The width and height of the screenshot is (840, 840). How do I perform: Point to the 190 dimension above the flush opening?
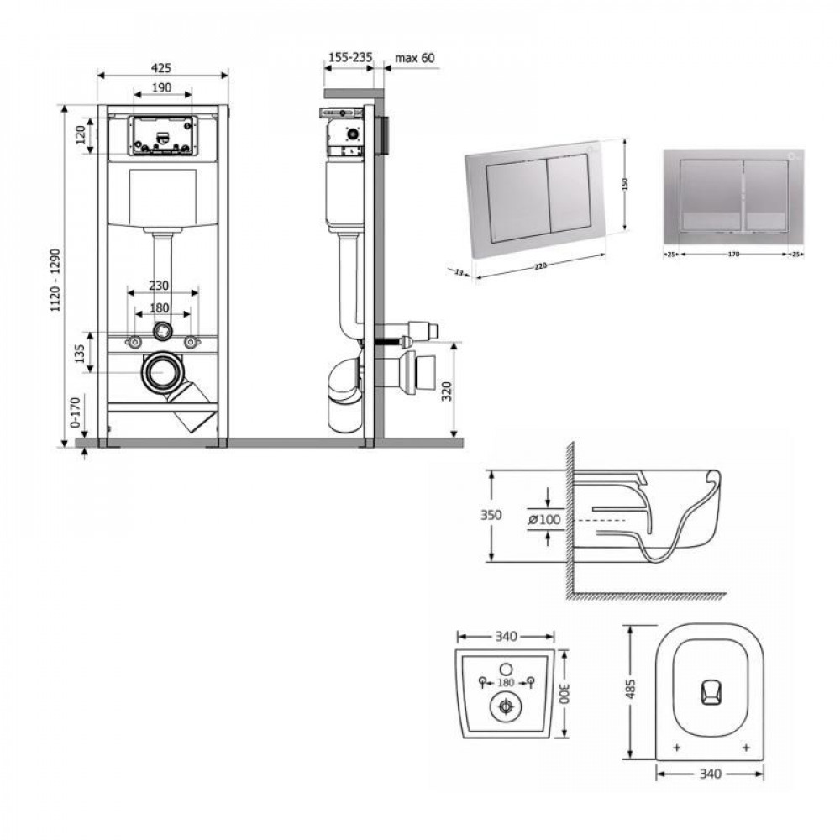pyautogui.click(x=162, y=87)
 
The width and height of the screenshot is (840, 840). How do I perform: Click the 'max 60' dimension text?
pyautogui.click(x=415, y=57)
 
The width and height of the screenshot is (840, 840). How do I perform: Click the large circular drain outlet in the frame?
pyautogui.click(x=162, y=372)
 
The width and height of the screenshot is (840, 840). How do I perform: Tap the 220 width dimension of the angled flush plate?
pyautogui.click(x=540, y=265)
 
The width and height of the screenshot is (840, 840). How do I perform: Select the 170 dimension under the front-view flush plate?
pyautogui.click(x=732, y=254)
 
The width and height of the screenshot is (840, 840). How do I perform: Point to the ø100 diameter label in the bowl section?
pyautogui.click(x=543, y=520)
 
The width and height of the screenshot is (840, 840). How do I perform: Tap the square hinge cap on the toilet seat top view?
pyautogui.click(x=710, y=693)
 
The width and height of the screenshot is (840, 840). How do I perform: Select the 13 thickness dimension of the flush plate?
pyautogui.click(x=459, y=272)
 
